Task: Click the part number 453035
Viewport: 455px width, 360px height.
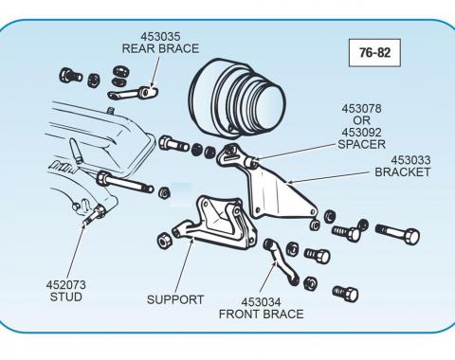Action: click(x=160, y=37)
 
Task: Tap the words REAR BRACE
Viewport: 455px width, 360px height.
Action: click(x=160, y=48)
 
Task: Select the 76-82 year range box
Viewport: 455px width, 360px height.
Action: click(x=374, y=53)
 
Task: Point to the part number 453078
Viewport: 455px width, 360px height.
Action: click(x=361, y=109)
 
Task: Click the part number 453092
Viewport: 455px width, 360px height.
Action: click(x=361, y=133)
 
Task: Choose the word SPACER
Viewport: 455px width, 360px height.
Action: click(x=361, y=144)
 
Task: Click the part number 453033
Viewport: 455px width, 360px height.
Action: click(x=410, y=160)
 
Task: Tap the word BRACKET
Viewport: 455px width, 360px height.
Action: click(x=403, y=172)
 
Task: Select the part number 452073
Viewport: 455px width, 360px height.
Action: click(x=65, y=285)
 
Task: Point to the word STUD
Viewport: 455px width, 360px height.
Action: click(x=65, y=297)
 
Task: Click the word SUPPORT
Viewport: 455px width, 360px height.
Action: click(x=175, y=299)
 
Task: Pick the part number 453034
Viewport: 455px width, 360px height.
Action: click(x=261, y=302)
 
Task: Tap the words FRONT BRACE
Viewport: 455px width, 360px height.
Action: click(x=261, y=315)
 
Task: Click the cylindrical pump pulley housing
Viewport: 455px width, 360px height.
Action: click(x=237, y=98)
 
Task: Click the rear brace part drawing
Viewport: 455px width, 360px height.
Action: click(x=133, y=93)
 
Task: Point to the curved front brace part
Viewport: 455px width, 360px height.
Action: click(x=281, y=261)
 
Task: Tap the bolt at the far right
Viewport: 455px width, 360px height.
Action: click(x=397, y=234)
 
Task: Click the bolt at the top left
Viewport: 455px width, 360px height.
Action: click(x=70, y=76)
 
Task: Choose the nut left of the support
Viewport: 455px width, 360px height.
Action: click(x=165, y=241)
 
